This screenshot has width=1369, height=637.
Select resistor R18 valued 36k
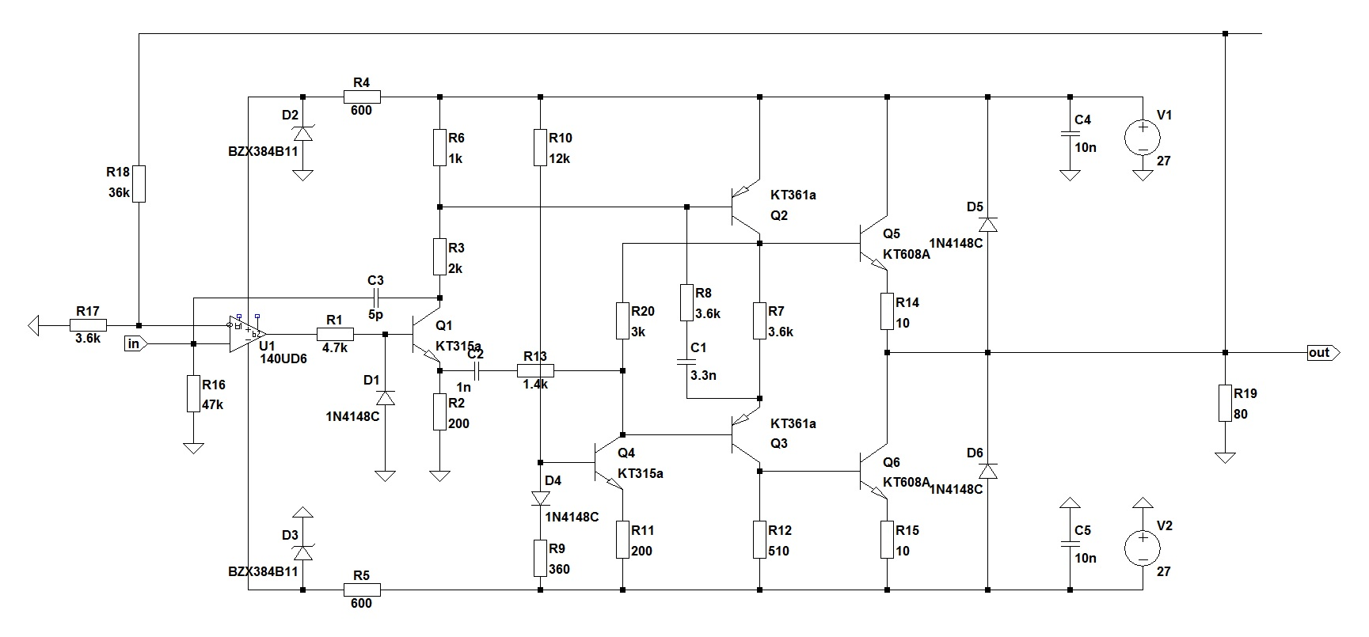coord(139,184)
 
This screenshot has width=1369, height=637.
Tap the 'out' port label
coord(1319,353)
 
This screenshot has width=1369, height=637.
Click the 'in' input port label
coord(134,343)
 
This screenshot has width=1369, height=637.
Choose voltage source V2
coord(1143,548)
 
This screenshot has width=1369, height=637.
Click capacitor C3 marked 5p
coord(376,298)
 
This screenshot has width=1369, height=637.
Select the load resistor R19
coord(1225,404)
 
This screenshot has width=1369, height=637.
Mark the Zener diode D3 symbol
coord(302,552)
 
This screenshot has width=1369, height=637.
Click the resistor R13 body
coord(535,370)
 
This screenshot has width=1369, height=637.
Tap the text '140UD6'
coord(283,358)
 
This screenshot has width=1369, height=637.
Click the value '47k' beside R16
coord(213,404)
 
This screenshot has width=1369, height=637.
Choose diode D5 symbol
coord(988,224)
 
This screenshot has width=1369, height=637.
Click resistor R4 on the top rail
coord(363,97)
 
